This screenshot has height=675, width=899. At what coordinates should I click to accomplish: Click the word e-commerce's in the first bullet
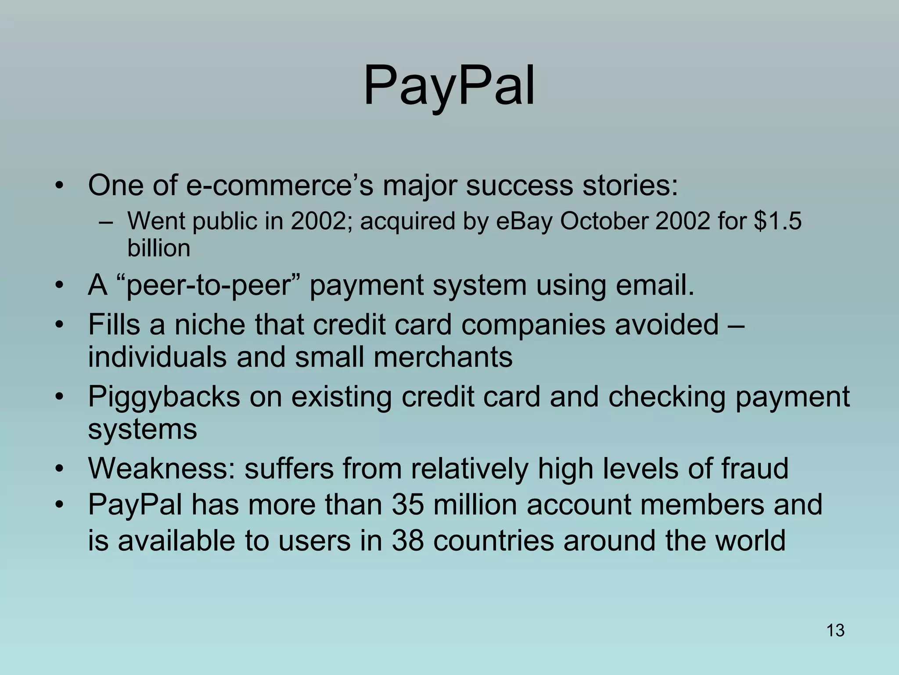280,185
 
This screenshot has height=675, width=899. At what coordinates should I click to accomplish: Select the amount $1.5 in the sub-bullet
777,221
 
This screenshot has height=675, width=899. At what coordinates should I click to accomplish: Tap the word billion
158,248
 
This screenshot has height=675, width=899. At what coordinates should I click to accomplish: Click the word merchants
443,357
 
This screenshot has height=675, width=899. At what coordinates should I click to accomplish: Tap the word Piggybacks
164,397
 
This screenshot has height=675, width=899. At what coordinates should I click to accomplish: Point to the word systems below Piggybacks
142,429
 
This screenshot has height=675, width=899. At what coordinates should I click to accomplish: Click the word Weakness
162,468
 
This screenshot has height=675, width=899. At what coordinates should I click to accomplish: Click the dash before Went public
106,221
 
